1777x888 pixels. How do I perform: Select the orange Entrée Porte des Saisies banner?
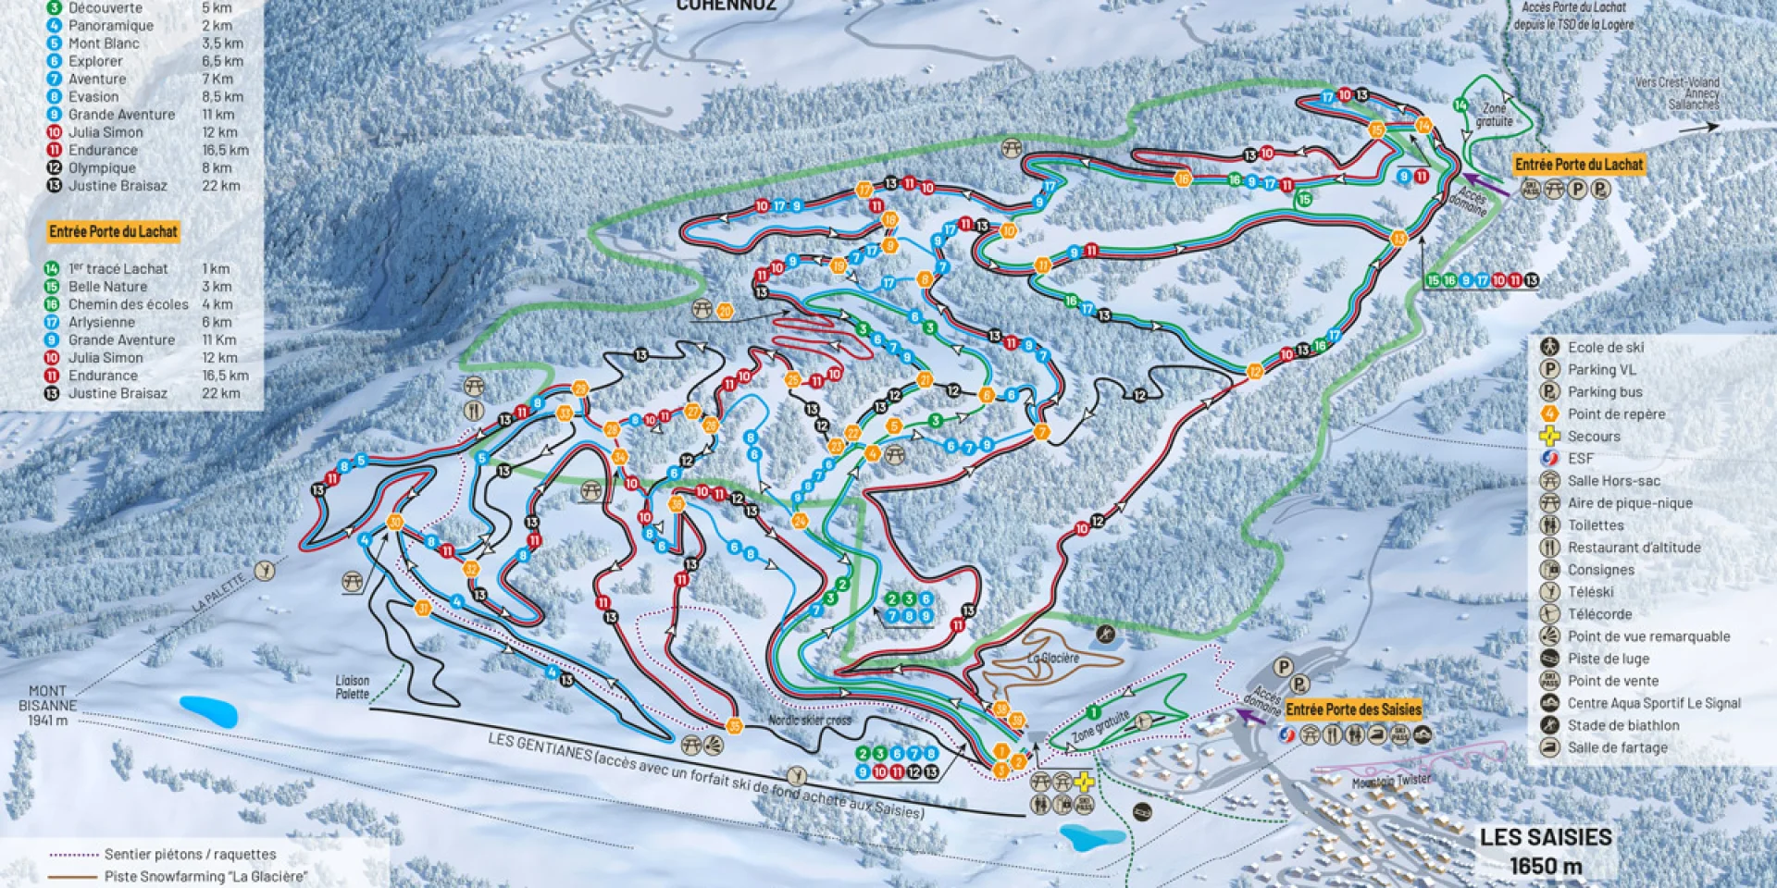(x=1352, y=709)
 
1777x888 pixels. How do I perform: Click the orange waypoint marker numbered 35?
(x=735, y=725)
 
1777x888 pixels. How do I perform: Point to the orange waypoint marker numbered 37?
(x=423, y=608)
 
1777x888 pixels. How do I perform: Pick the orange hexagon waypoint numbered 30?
(x=396, y=523)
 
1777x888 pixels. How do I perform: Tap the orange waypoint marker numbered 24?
(x=800, y=521)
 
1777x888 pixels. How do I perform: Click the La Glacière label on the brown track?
(x=1052, y=659)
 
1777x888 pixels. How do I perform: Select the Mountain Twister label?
(x=1390, y=781)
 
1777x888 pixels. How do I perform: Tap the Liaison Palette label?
(x=352, y=686)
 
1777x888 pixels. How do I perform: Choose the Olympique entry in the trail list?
(x=102, y=167)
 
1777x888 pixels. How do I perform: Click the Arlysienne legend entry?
(x=102, y=322)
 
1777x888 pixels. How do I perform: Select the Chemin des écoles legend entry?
(x=128, y=304)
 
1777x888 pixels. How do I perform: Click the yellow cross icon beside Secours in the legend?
(x=1549, y=437)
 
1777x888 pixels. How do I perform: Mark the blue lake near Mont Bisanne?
(x=208, y=710)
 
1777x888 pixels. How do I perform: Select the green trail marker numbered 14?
(x=1460, y=105)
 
